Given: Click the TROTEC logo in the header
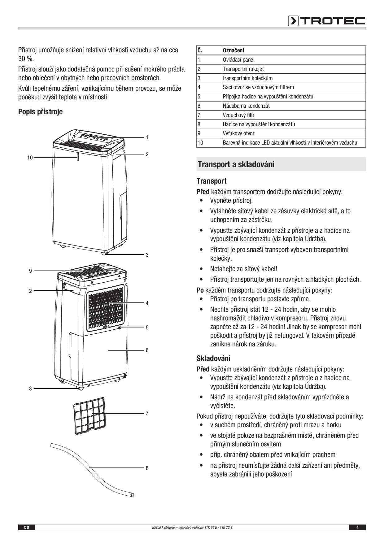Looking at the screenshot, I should [x=327, y=21].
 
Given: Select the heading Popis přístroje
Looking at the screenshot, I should [x=40, y=112].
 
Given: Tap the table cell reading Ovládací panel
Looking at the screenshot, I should [x=239, y=60].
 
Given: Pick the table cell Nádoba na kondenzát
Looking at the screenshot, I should [x=246, y=106].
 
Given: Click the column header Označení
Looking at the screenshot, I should [x=233, y=50].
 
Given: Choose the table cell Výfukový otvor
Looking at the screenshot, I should [x=238, y=134].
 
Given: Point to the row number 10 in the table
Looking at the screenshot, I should [x=200, y=143].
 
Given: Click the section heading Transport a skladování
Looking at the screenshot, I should [x=236, y=164].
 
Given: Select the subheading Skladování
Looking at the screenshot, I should [x=213, y=358].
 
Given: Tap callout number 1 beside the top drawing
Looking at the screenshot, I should [x=147, y=137].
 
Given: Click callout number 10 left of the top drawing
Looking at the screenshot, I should [x=30, y=158].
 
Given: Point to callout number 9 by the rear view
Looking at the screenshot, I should [x=30, y=271].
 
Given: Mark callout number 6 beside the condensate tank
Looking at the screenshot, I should [x=147, y=350].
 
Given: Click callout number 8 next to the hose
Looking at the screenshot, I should [x=147, y=468].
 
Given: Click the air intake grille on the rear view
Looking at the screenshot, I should [x=105, y=308].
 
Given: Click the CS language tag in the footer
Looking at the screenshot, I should [x=27, y=528].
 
